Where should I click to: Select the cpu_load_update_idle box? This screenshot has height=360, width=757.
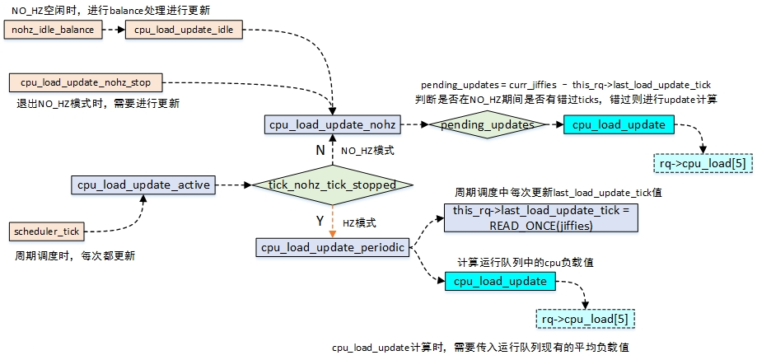(x=184, y=30)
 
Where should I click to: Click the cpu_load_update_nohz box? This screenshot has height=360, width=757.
(x=332, y=125)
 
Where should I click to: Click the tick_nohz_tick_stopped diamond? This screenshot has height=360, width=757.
(x=331, y=185)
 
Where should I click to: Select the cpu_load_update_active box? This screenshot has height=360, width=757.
(x=143, y=185)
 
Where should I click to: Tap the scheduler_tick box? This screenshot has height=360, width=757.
(x=47, y=231)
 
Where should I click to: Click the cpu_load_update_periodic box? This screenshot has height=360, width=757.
(x=332, y=247)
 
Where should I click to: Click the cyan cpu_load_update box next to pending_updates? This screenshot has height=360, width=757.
(x=619, y=125)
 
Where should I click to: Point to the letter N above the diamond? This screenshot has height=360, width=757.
(x=320, y=151)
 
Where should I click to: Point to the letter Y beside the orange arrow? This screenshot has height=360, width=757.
(x=320, y=222)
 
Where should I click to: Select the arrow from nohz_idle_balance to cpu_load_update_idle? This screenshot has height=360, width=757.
(x=115, y=30)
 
